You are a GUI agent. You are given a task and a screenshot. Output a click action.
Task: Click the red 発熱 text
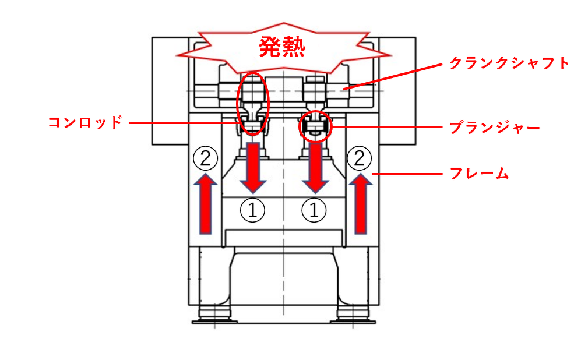tap(281, 47)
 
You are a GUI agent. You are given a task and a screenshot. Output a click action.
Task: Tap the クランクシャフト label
tap(509, 63)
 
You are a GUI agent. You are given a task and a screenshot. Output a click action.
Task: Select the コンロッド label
tap(85, 122)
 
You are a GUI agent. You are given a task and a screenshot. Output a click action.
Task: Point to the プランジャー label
tap(495, 128)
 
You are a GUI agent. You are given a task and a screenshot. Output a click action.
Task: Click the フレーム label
tap(479, 174)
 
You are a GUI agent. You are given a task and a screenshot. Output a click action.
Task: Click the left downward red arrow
tap(253, 168)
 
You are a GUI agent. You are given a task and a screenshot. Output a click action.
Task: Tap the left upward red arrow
tap(205, 204)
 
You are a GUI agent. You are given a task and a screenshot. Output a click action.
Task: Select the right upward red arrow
tap(361, 204)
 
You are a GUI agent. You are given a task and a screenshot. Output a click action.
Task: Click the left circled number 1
tap(252, 210)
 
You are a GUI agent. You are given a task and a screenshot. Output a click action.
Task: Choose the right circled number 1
tap(314, 210)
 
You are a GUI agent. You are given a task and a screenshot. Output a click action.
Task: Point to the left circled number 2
tap(205, 158)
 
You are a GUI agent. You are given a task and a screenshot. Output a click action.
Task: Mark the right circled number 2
tap(359, 158)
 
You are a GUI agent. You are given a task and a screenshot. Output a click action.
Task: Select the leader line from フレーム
tap(407, 174)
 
